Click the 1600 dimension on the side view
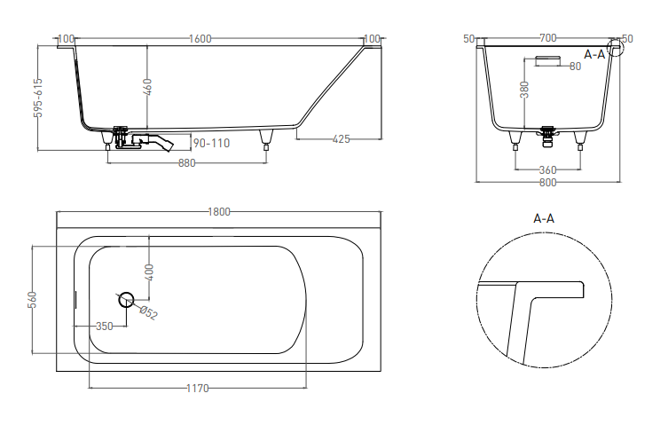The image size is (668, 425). click(200, 39)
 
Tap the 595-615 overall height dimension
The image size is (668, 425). click(38, 98)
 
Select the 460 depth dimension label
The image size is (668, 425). click(147, 87)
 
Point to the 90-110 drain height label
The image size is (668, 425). click(212, 143)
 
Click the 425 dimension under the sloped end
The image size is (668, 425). click(341, 139)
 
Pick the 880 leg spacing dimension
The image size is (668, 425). click(186, 163)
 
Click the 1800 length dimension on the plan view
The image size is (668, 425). click(219, 212)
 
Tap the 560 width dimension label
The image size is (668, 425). click(32, 300)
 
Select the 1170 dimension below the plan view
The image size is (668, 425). click(198, 389)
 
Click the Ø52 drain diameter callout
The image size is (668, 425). click(149, 312)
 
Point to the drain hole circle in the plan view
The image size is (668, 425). click(126, 300)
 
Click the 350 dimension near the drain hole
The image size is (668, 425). click(105, 327)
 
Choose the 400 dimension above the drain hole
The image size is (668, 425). click(149, 272)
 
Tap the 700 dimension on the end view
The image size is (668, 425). click(548, 38)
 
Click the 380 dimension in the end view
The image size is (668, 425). click(525, 90)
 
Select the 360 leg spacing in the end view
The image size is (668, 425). click(548, 170)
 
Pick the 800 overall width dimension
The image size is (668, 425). click(548, 183)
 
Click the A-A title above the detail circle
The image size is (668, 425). click(544, 218)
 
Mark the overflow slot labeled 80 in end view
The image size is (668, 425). click(547, 60)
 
